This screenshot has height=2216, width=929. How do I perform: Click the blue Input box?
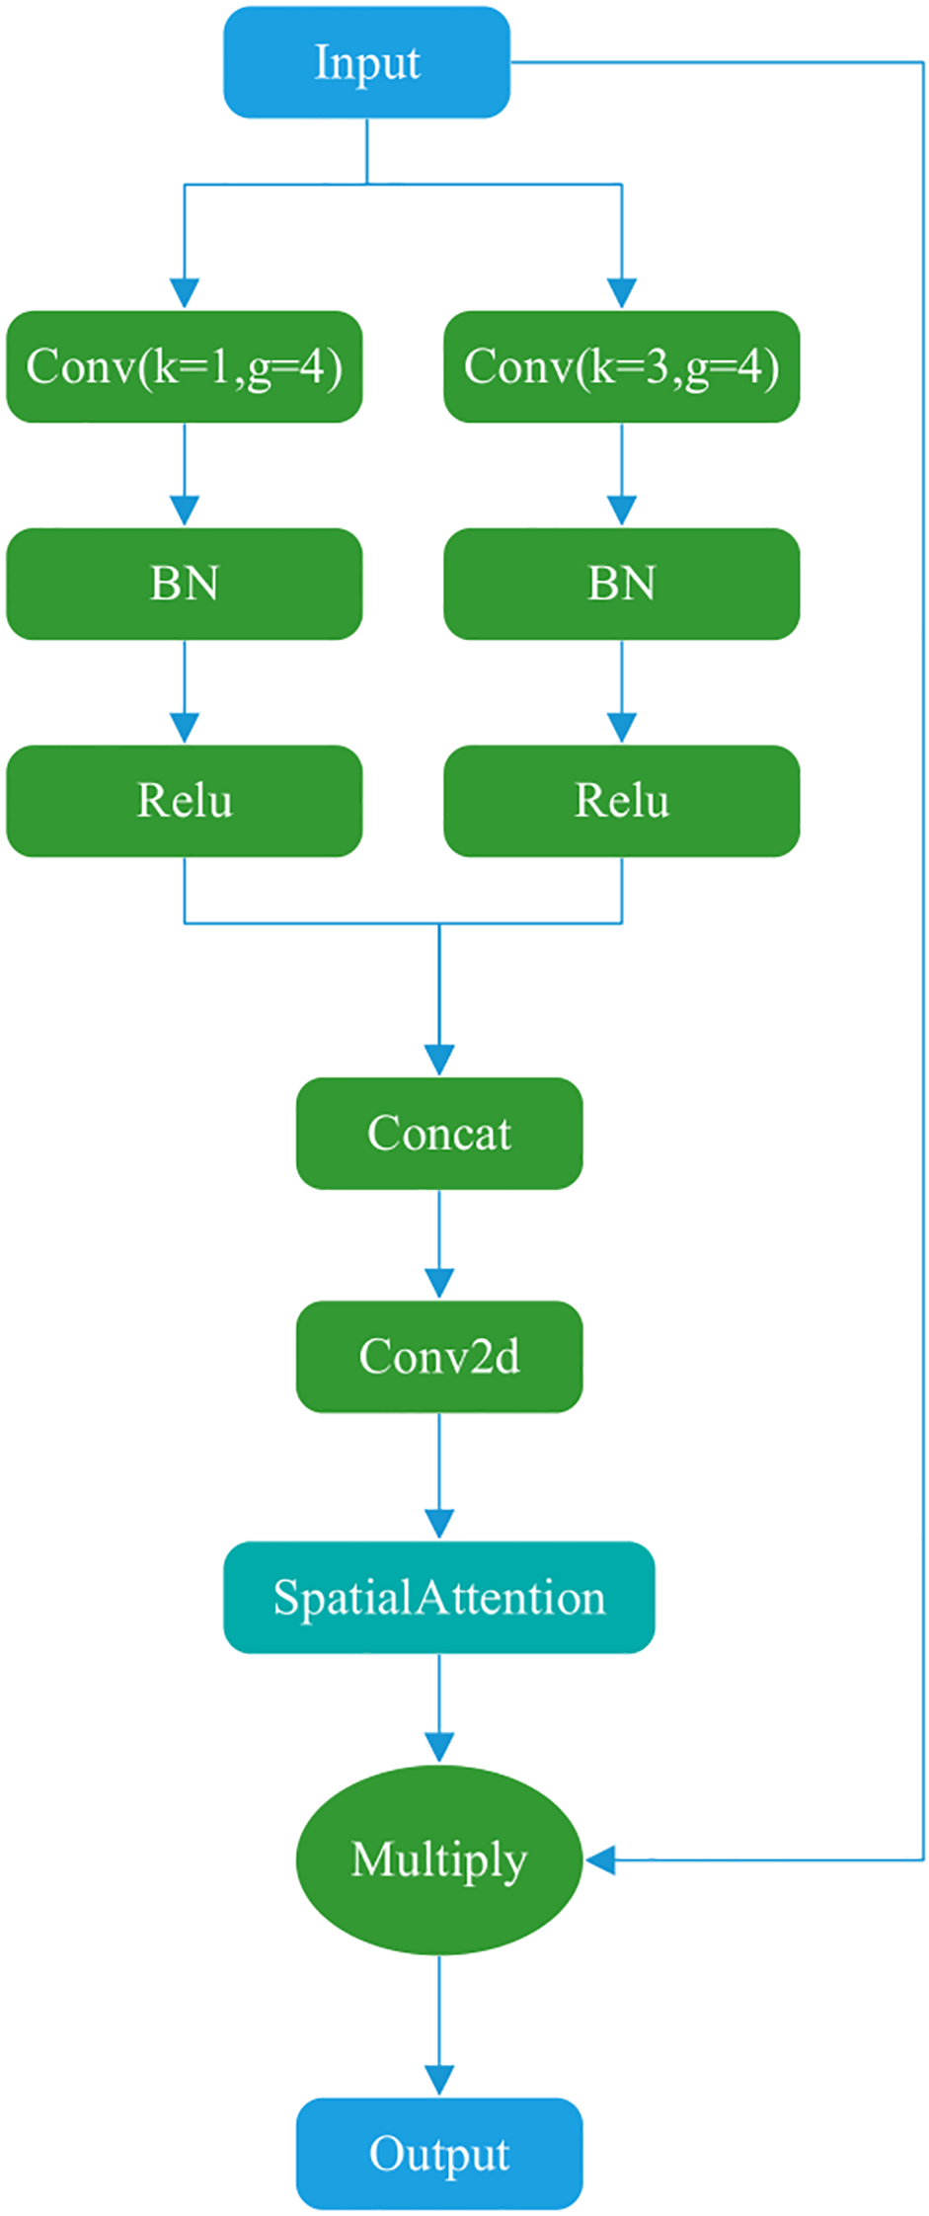(x=366, y=63)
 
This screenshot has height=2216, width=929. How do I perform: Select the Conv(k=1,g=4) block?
(x=185, y=366)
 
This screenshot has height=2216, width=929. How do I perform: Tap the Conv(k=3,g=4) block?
(x=621, y=366)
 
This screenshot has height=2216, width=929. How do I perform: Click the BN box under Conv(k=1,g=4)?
(x=185, y=584)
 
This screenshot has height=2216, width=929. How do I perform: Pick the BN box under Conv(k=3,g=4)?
(x=621, y=584)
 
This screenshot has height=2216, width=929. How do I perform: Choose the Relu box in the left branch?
(x=185, y=801)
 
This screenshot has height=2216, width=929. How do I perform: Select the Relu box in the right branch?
(x=621, y=801)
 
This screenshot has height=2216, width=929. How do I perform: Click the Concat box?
(x=439, y=1133)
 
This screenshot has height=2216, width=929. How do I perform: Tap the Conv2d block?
(x=439, y=1356)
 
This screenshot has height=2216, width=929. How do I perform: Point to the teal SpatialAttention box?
(x=439, y=1597)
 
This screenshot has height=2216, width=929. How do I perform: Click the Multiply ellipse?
(x=439, y=1860)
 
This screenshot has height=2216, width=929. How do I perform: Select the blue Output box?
(x=439, y=2154)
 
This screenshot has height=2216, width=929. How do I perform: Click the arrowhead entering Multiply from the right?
(x=600, y=1860)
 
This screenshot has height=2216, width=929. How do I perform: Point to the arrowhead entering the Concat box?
(x=439, y=1060)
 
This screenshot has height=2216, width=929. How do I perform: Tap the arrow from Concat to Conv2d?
(x=439, y=1244)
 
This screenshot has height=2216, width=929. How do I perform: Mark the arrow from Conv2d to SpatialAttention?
(x=439, y=1476)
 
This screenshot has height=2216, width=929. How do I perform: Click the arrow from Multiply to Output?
(x=439, y=2024)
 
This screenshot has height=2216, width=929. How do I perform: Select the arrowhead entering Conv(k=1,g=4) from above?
(x=185, y=293)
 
